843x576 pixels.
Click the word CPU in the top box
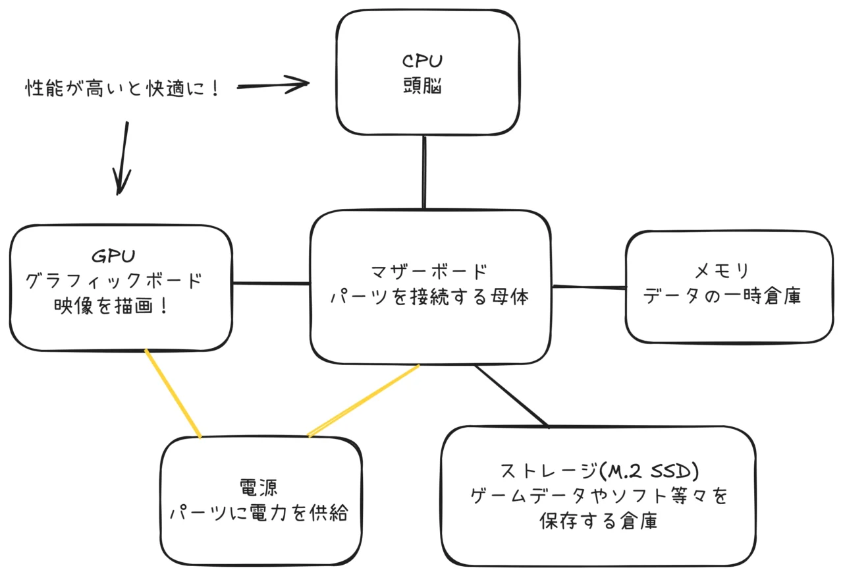(422, 61)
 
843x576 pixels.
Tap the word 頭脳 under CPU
(422, 86)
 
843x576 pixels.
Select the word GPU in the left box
(113, 256)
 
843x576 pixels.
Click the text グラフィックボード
(114, 281)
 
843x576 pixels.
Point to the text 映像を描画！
(111, 306)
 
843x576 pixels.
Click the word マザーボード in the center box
(429, 272)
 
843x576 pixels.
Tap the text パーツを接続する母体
(429, 297)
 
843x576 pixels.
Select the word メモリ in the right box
(721, 271)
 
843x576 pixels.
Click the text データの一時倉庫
(722, 295)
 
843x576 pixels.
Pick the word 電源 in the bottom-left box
(259, 488)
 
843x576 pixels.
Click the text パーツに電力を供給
(259, 513)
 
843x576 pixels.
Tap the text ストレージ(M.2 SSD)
(599, 471)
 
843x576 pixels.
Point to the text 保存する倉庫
(599, 521)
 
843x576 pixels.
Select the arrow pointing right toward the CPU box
(273, 85)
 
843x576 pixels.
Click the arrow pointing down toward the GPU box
(122, 158)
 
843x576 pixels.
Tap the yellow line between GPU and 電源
(173, 393)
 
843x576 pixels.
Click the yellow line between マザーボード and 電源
(364, 401)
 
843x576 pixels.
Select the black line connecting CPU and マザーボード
(424, 172)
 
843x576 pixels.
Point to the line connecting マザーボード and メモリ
(589, 287)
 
